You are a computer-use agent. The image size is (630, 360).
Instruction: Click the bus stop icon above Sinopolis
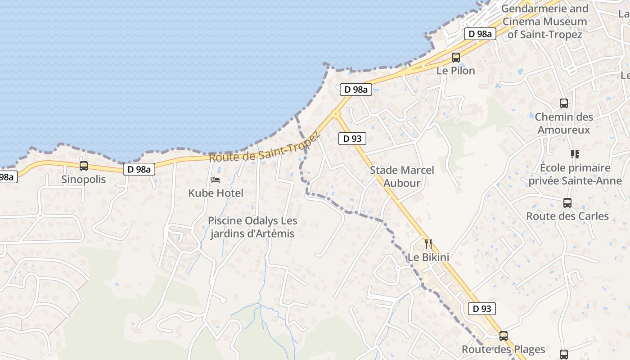tap(84, 166)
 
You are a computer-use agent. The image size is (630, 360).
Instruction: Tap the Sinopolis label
tap(84, 180)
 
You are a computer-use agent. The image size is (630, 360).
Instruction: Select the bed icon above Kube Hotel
tap(216, 180)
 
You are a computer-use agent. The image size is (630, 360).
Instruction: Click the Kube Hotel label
tap(216, 193)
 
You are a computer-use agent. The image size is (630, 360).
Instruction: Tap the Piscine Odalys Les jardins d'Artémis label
tap(252, 227)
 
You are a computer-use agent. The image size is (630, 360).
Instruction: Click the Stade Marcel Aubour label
tap(402, 176)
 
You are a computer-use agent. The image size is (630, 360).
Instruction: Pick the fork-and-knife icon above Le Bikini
tap(428, 244)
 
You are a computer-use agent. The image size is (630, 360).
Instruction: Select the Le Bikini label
tap(428, 257)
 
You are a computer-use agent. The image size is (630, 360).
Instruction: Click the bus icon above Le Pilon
tap(456, 58)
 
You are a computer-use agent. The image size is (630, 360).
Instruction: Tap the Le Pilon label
tap(456, 71)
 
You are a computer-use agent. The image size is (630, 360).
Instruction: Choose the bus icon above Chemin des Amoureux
tap(564, 103)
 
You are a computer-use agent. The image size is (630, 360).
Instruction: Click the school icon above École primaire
tap(575, 154)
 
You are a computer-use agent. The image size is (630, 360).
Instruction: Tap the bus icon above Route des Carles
tap(567, 203)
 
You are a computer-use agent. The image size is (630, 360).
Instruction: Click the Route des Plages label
tap(503, 349)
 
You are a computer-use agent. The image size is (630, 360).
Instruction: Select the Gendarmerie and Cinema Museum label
tap(544, 21)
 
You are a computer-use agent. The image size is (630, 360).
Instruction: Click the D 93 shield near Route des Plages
tap(481, 309)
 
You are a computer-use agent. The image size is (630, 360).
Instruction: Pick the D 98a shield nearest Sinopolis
tap(139, 169)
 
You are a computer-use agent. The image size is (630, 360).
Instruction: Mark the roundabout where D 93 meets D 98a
tap(336, 113)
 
